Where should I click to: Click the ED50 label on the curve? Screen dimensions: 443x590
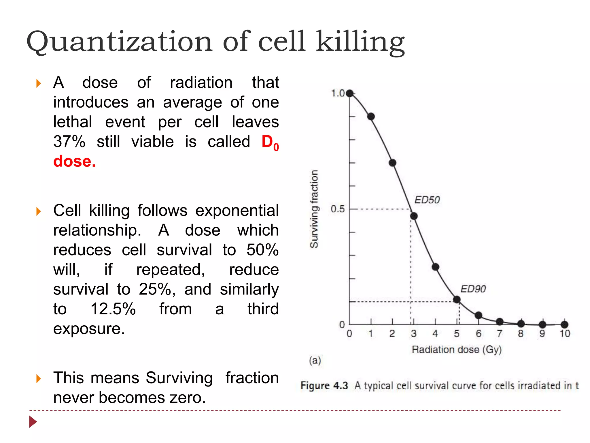point(427,200)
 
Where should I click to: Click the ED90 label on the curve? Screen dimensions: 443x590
point(473,289)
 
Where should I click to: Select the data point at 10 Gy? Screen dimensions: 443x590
point(564,324)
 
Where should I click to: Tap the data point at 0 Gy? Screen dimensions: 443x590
point(350,93)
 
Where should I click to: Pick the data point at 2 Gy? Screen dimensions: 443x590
point(392,163)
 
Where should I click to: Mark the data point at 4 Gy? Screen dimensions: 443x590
point(435,267)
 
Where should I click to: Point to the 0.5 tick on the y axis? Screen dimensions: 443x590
point(338,209)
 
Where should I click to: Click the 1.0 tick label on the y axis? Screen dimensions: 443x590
point(338,93)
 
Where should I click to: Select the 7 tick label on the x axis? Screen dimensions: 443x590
point(499,334)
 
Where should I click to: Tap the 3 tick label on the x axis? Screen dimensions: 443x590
point(414,334)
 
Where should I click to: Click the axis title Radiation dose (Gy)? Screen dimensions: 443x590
point(457,350)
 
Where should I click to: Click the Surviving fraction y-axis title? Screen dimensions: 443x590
point(314,209)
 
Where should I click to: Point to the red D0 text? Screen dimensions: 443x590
point(270,142)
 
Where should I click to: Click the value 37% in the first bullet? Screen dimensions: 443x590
point(69,142)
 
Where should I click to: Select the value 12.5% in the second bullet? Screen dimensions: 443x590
point(113,309)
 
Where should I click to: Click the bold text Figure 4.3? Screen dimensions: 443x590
point(324,386)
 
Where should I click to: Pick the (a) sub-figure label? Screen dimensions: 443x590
point(315,360)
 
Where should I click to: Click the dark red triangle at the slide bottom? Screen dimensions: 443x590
point(33,422)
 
